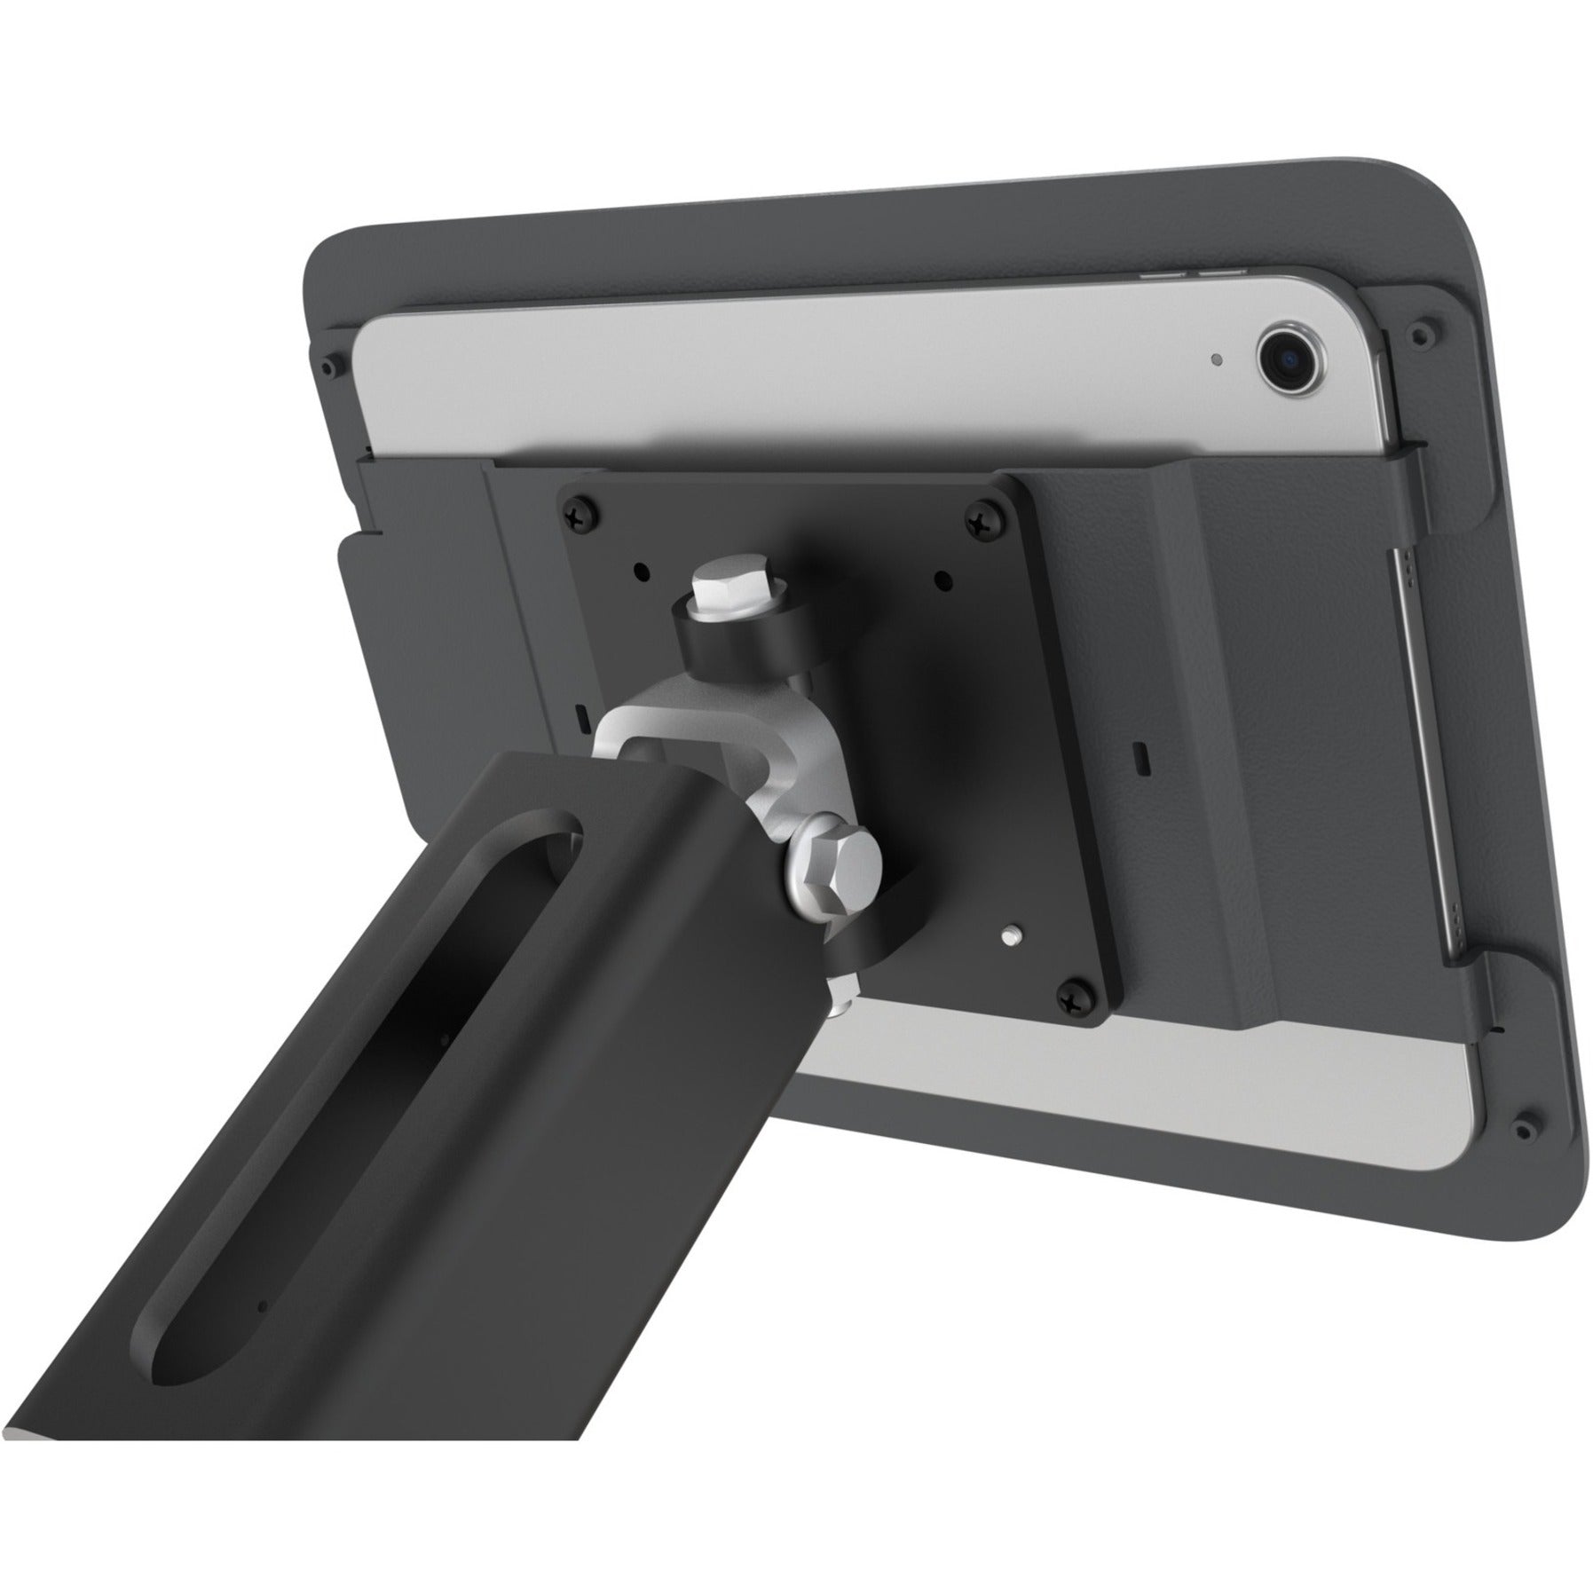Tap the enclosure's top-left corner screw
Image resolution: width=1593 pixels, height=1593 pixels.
tap(332, 365)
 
